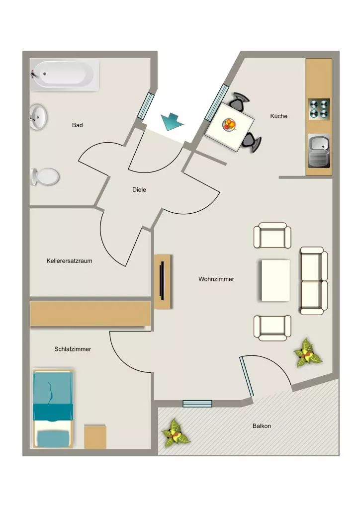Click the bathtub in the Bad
point(65,75)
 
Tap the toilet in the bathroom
point(45,177)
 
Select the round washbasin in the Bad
point(39,117)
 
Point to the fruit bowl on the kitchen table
point(230,125)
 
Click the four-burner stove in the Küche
point(319,109)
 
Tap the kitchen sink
point(319,151)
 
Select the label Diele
point(139,189)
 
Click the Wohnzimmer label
point(216,279)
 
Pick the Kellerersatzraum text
point(69,260)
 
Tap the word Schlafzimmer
point(73,349)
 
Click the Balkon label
point(262,426)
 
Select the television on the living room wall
point(162,281)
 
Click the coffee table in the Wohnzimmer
point(275,280)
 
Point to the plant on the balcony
point(176,433)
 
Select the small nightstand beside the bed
point(95,436)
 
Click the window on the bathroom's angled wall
point(145,105)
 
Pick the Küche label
point(278,116)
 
